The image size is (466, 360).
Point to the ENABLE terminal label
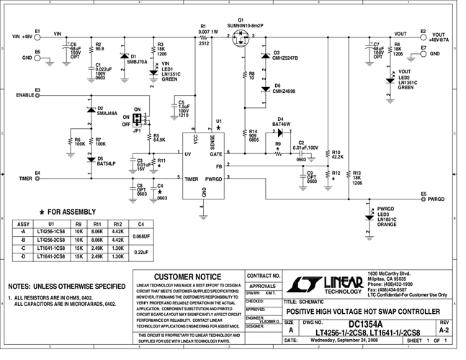[x=24, y=94]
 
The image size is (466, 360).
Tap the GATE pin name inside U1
[x=215, y=153]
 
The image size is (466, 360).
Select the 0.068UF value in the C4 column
[x=141, y=235]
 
